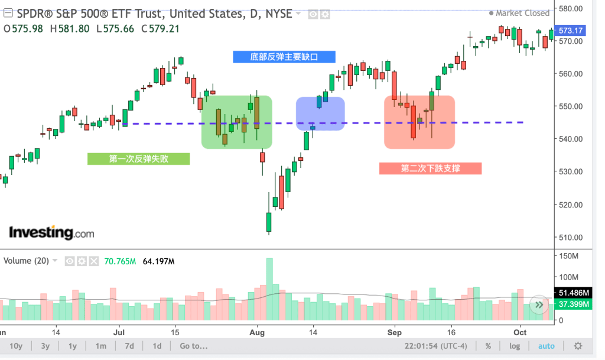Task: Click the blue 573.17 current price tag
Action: click(x=570, y=31)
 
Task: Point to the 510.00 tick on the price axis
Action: click(x=570, y=238)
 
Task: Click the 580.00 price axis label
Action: click(x=570, y=8)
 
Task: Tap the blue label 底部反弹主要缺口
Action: click(x=284, y=57)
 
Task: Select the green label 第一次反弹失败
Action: click(x=138, y=158)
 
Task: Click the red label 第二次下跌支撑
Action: click(x=430, y=168)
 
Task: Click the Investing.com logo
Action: click(x=51, y=232)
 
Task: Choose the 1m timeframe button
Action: click(x=101, y=346)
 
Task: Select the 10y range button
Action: click(x=16, y=346)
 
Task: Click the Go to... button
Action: click(x=194, y=346)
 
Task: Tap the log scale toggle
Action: click(x=515, y=346)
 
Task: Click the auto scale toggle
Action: click(x=546, y=346)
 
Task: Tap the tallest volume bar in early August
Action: click(x=269, y=289)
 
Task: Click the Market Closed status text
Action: click(x=522, y=13)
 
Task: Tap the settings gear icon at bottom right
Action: click(x=578, y=346)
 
